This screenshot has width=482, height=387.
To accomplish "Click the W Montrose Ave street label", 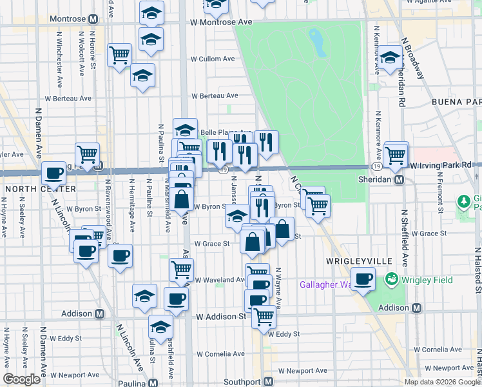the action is (221, 22).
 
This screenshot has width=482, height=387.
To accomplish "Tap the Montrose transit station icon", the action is (93, 19).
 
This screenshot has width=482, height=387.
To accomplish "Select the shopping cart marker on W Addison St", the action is (264, 315).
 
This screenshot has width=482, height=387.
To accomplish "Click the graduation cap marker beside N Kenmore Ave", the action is (389, 58).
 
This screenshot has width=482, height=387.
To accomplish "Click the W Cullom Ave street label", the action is (212, 59).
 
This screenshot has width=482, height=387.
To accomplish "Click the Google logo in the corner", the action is (21, 379).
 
